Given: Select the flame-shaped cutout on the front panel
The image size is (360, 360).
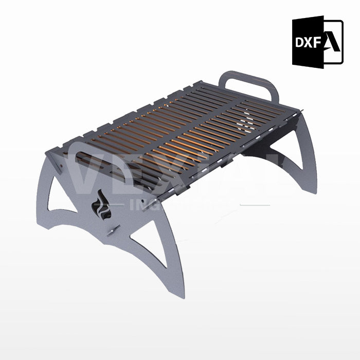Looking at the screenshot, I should [x=100, y=207].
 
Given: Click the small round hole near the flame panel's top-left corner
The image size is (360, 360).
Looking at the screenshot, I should [x=61, y=167].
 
